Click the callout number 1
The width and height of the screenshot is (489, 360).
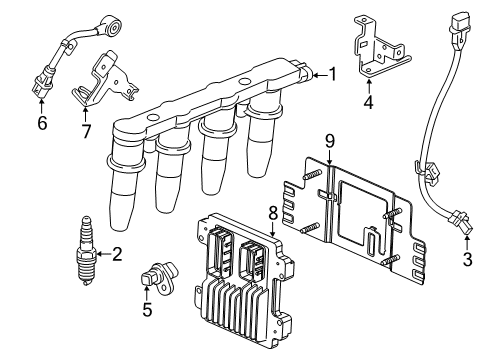click(x=332, y=74)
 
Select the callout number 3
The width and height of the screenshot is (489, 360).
click(x=467, y=261)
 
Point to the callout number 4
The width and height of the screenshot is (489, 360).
click(x=368, y=101)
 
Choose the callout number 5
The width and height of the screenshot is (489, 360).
click(x=147, y=310)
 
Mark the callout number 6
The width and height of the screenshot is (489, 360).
click(x=41, y=123)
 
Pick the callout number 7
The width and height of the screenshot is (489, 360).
click(x=86, y=129)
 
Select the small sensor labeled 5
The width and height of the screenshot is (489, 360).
click(x=158, y=278)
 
